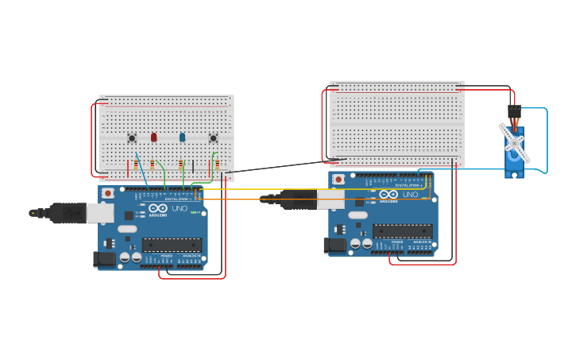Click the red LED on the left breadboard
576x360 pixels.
point(153,137)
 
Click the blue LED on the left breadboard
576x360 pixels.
point(182,137)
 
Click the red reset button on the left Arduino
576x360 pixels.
point(107,194)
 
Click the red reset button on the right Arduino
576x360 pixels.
point(338,180)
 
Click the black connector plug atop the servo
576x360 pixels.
point(514,111)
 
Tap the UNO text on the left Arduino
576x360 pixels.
point(180,209)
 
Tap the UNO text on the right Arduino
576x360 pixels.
point(410,195)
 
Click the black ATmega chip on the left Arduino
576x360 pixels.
point(172,245)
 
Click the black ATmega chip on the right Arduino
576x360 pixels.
point(402,230)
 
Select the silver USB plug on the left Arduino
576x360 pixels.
point(99,212)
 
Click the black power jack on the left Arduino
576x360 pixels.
point(103,259)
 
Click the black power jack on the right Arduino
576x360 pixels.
point(334,246)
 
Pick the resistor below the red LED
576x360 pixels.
point(153,165)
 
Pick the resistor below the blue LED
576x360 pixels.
point(180,165)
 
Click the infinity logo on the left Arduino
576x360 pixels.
point(156,210)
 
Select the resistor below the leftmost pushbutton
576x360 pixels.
point(136,165)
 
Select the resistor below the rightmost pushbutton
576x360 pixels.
point(217,165)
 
